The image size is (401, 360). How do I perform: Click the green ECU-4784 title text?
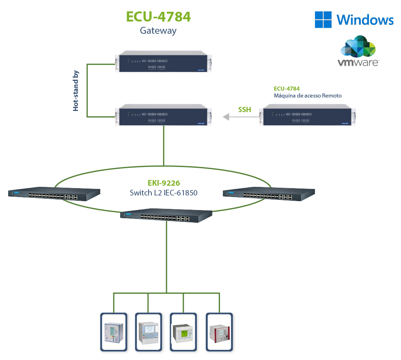click(x=158, y=17)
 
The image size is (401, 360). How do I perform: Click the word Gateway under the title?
click(x=158, y=30)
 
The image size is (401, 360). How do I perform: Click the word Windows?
click(x=365, y=20)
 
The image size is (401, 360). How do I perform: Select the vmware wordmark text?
click(x=358, y=63)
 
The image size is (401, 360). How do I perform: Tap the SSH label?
click(x=244, y=109)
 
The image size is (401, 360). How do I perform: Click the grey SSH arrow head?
click(x=225, y=117)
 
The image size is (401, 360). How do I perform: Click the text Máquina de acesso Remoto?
click(x=307, y=96)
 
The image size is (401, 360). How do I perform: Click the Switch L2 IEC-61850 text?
click(x=164, y=193)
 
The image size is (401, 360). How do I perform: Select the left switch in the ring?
click(x=54, y=195)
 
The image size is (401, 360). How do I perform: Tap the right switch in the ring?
click(x=269, y=194)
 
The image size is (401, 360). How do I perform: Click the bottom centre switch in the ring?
click(x=166, y=216)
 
